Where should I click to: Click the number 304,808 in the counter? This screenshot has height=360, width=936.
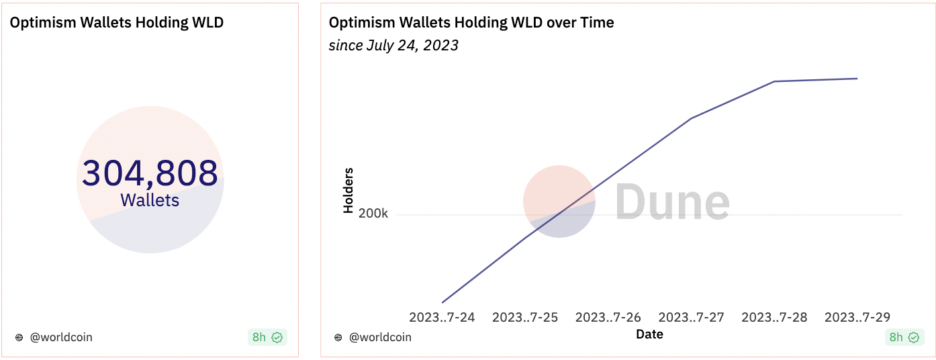150,173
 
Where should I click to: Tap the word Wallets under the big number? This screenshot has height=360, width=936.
150,200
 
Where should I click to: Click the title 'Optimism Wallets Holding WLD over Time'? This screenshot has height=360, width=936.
471,22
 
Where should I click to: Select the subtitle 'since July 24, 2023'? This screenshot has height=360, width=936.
393,46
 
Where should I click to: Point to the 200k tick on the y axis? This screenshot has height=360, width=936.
373,214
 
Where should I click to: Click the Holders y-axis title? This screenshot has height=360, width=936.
348,191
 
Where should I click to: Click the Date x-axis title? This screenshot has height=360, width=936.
649,334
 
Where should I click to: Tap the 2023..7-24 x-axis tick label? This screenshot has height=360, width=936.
442,317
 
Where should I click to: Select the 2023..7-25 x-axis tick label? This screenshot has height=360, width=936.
525,317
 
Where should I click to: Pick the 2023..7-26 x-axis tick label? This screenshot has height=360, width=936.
608,317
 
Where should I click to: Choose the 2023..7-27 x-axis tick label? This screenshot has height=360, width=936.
692,317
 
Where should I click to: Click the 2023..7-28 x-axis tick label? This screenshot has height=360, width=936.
774,317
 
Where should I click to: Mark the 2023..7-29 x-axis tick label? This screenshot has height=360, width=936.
857,317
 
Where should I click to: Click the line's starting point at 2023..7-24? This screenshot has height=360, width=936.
442,302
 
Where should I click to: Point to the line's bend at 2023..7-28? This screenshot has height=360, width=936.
774,81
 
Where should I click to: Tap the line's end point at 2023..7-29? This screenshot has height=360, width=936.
857,79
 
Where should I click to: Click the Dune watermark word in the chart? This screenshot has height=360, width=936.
672,202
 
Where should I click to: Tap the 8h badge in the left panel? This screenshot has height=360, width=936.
267,337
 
